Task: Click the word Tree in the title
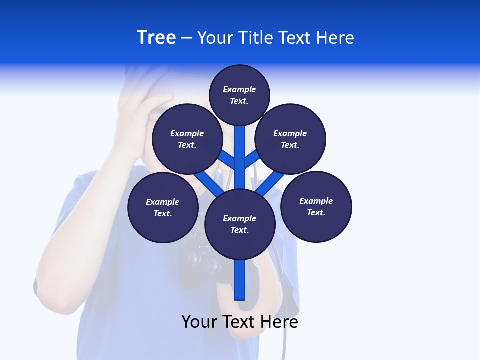point(156,37)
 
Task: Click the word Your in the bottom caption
point(199,322)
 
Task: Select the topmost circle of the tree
point(239,95)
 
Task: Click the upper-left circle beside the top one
point(187,139)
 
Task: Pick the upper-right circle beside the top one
point(290,139)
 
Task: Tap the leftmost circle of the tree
point(163,207)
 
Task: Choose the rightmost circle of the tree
point(316,206)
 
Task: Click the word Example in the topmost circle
point(239,89)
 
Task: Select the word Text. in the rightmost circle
point(316,212)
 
